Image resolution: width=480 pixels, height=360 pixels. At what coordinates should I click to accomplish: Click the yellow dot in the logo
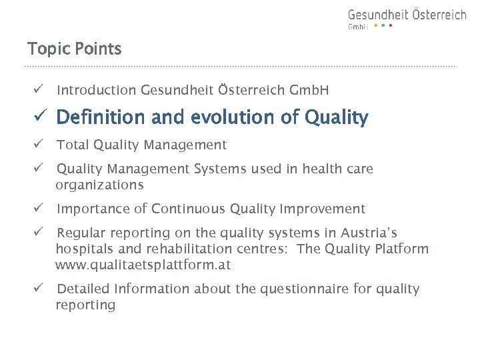375,26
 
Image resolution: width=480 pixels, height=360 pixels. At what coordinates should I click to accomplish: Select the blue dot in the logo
383,26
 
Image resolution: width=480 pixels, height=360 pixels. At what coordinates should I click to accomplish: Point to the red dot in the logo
391,26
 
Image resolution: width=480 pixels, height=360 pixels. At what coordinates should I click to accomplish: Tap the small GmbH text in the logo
358,27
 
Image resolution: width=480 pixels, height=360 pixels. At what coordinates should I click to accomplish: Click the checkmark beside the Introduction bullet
40,90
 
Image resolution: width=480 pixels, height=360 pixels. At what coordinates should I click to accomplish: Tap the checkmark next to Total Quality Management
40,145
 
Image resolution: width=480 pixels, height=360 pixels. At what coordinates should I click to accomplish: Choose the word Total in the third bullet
73,145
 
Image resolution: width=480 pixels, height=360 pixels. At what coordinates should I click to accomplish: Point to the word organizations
99,185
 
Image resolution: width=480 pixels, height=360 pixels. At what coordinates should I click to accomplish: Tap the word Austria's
369,233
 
